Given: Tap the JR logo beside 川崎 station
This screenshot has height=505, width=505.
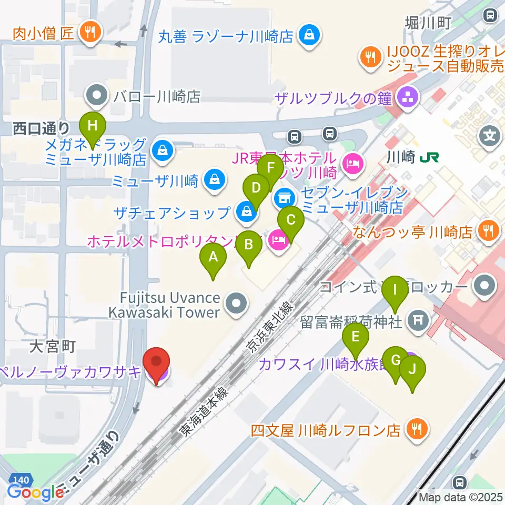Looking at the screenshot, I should (432, 157).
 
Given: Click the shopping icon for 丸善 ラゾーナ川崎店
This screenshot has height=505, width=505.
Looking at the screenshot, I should (307, 36).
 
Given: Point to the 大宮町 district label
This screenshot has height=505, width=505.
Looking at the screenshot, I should (53, 346).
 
